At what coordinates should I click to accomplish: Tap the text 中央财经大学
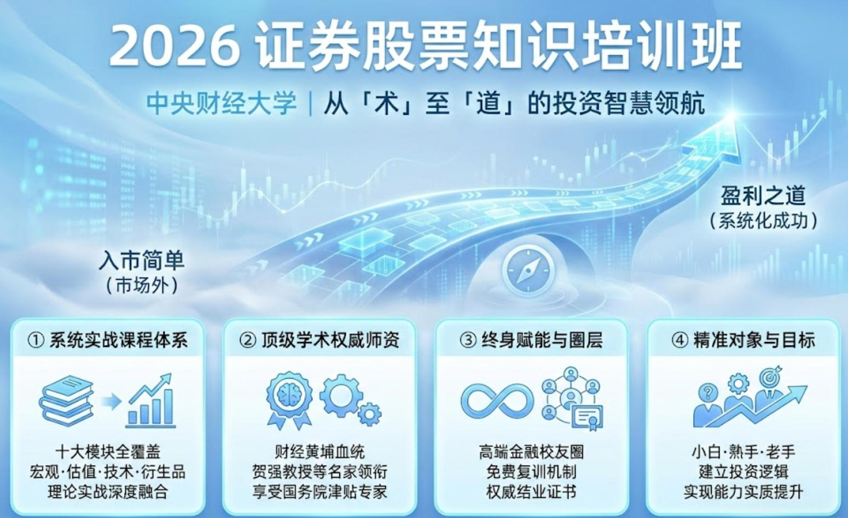click(222, 103)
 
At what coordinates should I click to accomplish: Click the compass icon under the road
click(528, 270)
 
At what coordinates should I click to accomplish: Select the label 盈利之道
click(763, 196)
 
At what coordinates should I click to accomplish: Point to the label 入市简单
click(142, 261)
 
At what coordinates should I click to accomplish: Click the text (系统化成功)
click(763, 221)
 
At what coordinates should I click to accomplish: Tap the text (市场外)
click(142, 285)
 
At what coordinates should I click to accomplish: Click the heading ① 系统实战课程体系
click(108, 340)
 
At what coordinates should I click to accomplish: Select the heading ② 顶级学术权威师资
click(320, 340)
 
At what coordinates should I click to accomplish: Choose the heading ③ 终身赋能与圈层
click(531, 340)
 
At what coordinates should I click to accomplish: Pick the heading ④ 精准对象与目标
click(743, 340)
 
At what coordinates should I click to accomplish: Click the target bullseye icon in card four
click(770, 377)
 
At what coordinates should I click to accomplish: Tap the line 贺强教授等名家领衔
click(320, 472)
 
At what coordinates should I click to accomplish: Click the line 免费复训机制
click(531, 472)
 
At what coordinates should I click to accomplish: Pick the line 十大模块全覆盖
click(108, 452)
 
